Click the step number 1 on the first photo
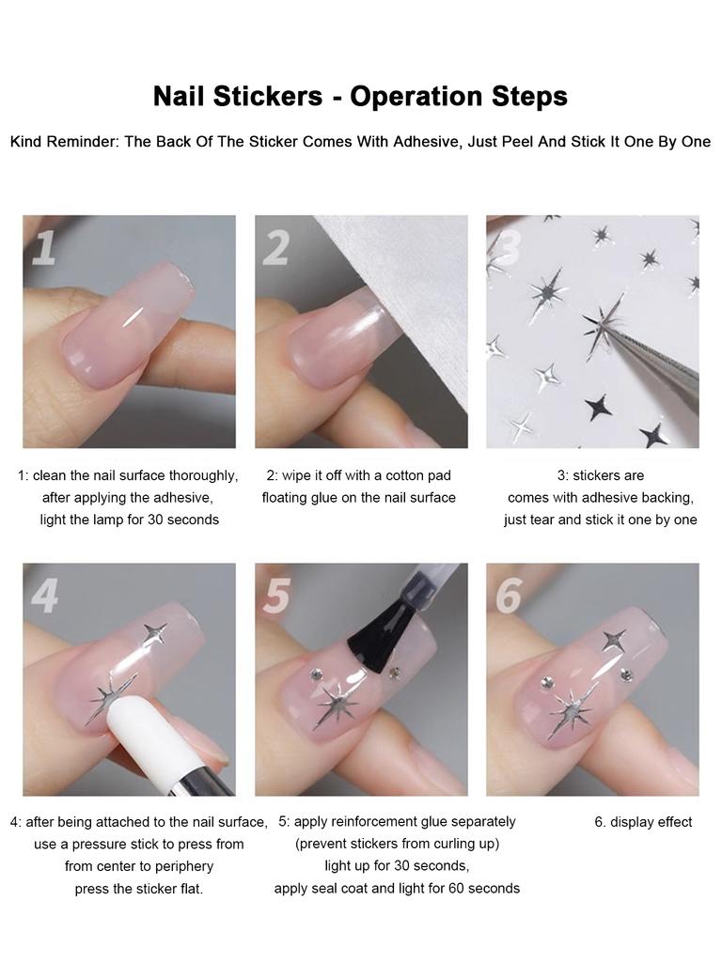click(44, 248)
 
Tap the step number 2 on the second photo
click(275, 248)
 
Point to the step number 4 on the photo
click(44, 596)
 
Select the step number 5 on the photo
click(275, 596)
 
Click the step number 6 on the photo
click(508, 596)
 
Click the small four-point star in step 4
click(154, 633)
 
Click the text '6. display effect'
click(643, 822)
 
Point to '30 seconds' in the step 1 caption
click(183, 520)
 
